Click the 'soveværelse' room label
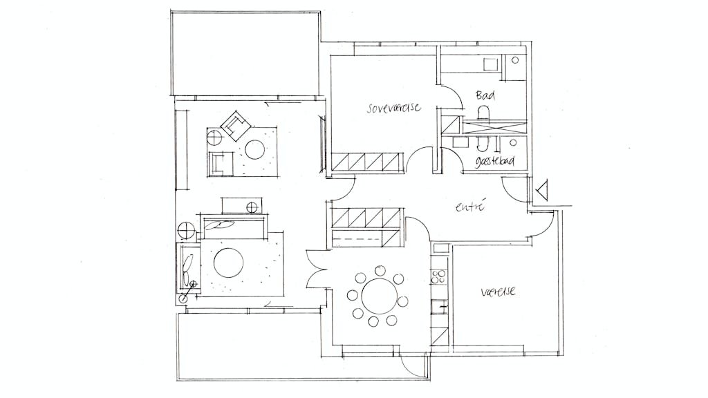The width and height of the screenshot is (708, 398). click(x=393, y=108)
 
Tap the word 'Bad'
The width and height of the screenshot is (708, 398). click(x=485, y=95)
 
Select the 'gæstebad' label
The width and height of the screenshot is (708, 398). click(x=495, y=161)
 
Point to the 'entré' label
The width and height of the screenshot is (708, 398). click(x=470, y=207)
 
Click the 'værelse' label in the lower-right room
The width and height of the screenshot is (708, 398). click(x=498, y=292)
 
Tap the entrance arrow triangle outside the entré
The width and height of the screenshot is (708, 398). click(x=542, y=189)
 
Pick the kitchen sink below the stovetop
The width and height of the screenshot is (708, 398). click(x=439, y=307)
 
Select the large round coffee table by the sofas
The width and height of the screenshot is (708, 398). click(x=228, y=263)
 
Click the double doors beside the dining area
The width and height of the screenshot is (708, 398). click(x=315, y=271)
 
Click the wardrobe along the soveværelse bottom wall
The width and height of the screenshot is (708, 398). click(x=366, y=162)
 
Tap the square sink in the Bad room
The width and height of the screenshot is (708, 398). click(x=490, y=64)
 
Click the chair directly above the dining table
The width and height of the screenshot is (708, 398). click(x=380, y=271)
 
